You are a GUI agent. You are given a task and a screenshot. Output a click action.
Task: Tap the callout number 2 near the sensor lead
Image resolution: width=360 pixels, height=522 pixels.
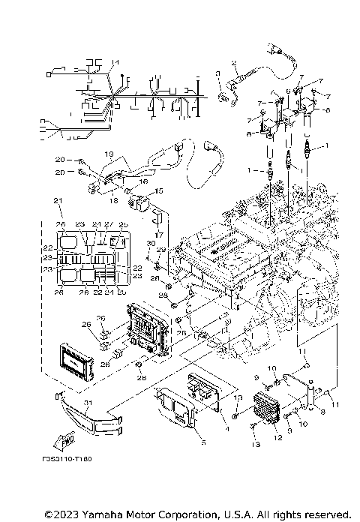(x=234, y=62)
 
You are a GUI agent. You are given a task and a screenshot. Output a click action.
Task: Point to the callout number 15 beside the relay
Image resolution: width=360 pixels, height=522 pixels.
(x=158, y=192)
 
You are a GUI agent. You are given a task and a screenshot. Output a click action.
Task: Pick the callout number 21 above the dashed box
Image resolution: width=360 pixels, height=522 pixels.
(x=56, y=201)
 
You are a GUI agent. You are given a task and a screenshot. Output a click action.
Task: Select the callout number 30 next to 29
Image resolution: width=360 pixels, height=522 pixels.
(x=149, y=244)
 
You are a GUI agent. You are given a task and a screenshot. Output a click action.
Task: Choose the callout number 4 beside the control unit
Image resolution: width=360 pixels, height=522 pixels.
(x=226, y=427)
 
